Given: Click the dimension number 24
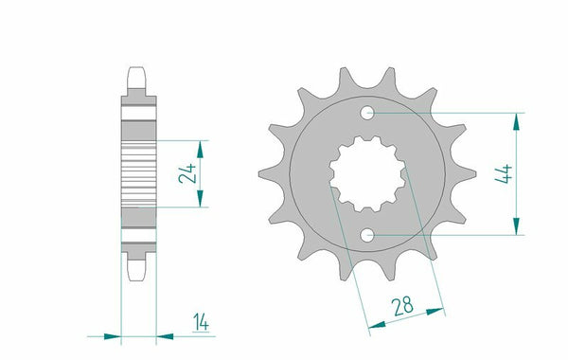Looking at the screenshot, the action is [187, 173].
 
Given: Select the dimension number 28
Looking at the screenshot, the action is [403, 306].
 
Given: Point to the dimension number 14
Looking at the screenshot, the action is [201, 322].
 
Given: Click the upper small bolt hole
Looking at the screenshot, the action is [367, 113].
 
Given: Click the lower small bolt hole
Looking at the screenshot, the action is [367, 235].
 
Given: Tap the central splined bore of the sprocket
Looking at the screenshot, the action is [367, 174].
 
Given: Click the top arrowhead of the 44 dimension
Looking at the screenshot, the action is [516, 122].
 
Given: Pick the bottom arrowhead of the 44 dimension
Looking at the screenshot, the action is [516, 226].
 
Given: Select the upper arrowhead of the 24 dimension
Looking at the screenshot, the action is [200, 150].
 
